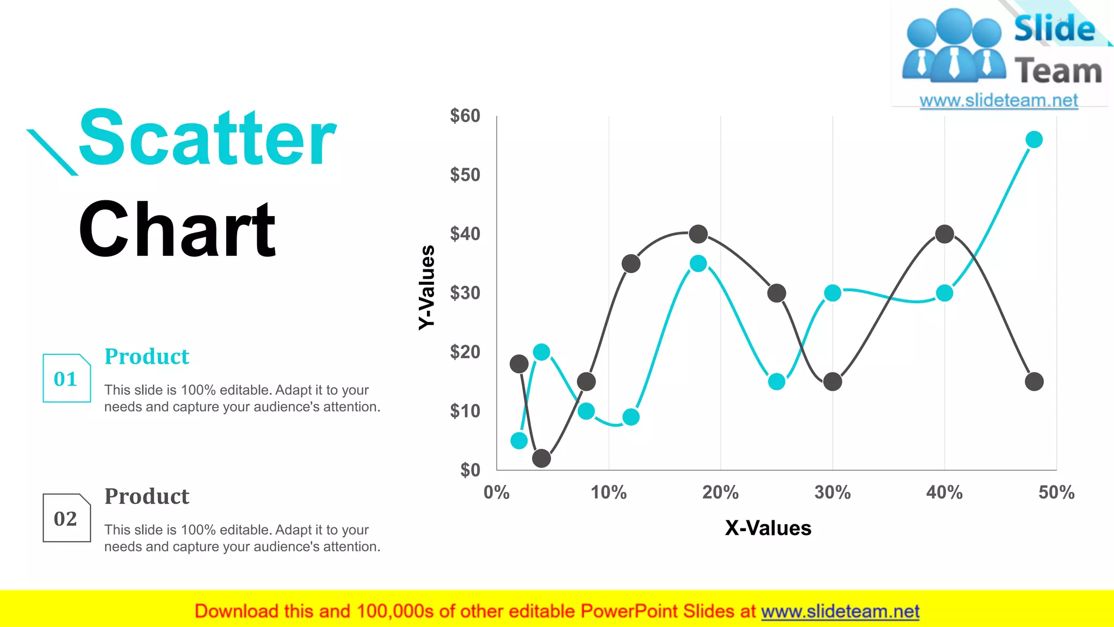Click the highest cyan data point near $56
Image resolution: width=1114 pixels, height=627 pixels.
(x=1033, y=140)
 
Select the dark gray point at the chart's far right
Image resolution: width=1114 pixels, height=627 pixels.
(x=1033, y=382)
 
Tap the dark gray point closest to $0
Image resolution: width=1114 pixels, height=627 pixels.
(x=541, y=458)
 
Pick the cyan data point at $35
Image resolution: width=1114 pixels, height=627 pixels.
(x=698, y=264)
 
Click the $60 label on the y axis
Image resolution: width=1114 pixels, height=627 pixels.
(x=465, y=116)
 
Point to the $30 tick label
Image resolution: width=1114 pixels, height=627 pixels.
(x=465, y=293)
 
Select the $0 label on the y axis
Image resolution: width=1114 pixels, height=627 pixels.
(x=471, y=470)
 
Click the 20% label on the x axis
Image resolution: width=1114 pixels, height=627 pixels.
(x=720, y=493)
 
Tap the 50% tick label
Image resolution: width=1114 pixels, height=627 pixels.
(x=1056, y=493)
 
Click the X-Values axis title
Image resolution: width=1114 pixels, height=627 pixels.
(x=768, y=528)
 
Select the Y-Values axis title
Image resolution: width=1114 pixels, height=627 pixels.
(x=428, y=287)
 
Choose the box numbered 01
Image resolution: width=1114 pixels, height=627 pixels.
(x=66, y=378)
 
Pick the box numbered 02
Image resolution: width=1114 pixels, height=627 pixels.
(x=66, y=518)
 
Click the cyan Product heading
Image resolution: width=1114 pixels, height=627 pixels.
(x=147, y=356)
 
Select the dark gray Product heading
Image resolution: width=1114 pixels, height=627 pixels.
(x=147, y=496)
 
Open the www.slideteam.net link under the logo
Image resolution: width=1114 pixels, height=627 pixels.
(x=998, y=101)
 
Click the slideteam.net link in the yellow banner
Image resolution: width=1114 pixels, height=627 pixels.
(x=840, y=611)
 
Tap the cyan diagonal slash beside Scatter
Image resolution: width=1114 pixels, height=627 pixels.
(x=52, y=152)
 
